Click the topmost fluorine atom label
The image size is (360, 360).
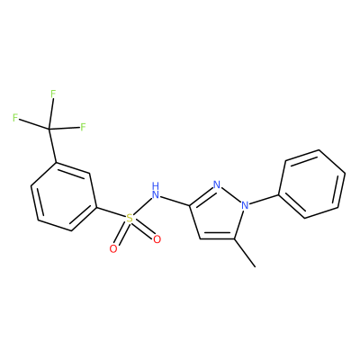click(53, 94)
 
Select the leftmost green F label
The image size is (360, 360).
click(15, 118)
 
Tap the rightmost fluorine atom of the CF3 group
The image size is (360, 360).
click(83, 127)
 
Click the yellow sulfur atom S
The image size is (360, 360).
click(129, 219)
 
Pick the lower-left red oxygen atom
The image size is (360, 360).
click(113, 248)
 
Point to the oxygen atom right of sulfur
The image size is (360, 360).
click(157, 239)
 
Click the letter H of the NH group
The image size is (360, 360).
click(155, 185)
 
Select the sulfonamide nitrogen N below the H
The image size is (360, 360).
click(155, 195)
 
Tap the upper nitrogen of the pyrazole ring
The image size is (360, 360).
click(217, 184)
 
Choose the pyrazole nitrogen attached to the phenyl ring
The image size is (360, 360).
click(245, 205)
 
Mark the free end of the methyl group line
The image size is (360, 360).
click(256, 266)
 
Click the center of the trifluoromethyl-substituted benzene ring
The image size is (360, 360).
click(64, 197)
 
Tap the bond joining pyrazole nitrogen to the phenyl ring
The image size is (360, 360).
click(265, 200)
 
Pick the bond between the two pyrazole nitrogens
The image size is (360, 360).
click(231, 194)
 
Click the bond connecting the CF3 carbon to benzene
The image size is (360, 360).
click(52, 146)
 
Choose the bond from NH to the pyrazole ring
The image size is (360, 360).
click(175, 202)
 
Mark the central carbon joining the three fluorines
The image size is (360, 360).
click(49, 129)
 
